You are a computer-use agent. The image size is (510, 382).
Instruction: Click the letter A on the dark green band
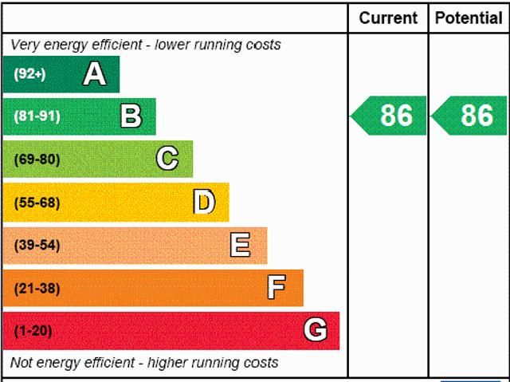tap(94, 74)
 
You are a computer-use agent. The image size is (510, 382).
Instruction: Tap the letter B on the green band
tap(131, 116)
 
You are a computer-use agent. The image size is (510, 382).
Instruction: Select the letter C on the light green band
tap(167, 159)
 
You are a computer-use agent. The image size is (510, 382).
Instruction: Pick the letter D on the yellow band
tap(204, 202)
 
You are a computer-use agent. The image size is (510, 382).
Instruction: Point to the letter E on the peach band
tap(240, 245)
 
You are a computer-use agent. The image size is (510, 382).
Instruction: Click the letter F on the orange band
tap(277, 287)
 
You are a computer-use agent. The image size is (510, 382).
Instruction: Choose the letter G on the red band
tap(316, 330)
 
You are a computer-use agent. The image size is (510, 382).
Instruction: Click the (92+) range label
tap(29, 74)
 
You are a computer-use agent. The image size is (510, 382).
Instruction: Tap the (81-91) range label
tap(37, 116)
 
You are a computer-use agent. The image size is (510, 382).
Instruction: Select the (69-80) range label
tap(37, 159)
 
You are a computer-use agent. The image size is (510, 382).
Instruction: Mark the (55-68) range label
tap(37, 203)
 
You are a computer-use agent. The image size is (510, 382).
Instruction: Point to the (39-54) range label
tap(37, 245)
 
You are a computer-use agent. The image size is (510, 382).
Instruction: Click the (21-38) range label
tap(37, 288)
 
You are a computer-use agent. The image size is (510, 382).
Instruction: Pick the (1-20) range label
tap(33, 331)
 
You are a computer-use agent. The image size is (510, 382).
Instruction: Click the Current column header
tap(388, 18)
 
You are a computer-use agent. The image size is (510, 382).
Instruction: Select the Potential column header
tap(469, 18)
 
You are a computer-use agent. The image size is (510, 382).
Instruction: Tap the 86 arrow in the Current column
tap(390, 116)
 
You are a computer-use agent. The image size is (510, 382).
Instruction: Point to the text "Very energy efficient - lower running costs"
tap(146, 45)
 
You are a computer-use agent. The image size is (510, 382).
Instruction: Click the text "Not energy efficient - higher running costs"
tap(144, 363)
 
